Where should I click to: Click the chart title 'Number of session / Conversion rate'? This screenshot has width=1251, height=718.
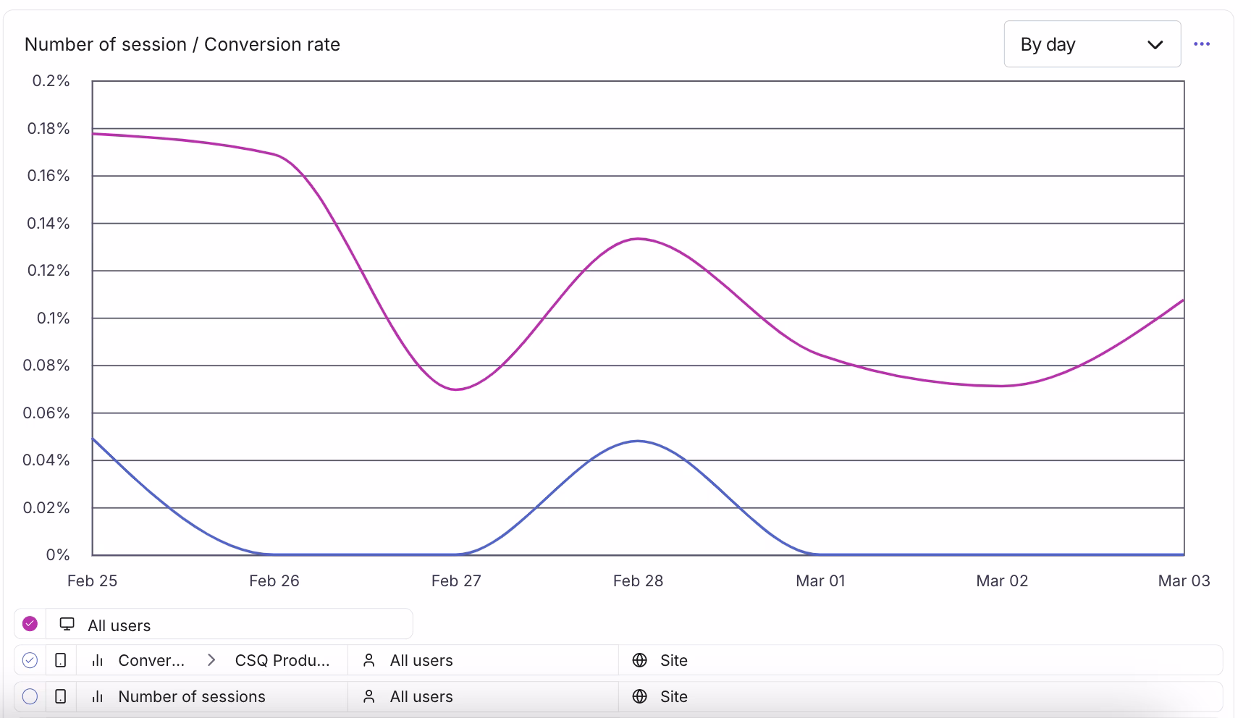[182, 44]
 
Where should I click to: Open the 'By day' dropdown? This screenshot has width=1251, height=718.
[1092, 44]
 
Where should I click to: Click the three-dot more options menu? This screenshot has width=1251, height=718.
[1202, 44]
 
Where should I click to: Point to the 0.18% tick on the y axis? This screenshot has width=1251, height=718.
[49, 129]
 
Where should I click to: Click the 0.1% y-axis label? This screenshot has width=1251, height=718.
[53, 318]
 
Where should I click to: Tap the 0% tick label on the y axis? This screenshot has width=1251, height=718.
[57, 555]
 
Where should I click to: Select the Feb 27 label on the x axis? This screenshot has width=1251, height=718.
[456, 580]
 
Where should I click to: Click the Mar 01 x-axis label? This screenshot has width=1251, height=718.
[820, 580]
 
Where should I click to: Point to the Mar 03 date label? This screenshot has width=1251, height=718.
[1184, 580]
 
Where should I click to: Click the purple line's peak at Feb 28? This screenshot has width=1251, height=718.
[638, 239]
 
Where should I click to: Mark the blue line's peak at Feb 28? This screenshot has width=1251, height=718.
[638, 441]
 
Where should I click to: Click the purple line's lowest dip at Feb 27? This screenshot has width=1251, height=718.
[456, 389]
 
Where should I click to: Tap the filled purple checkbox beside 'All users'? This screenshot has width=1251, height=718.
[30, 624]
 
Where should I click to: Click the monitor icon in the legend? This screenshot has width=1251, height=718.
[67, 624]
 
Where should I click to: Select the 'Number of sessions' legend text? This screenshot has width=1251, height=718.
[192, 696]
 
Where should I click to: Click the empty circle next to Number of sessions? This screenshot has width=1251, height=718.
[30, 696]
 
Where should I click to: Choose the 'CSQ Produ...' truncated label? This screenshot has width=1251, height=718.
[282, 660]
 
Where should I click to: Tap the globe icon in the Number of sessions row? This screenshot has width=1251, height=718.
[639, 696]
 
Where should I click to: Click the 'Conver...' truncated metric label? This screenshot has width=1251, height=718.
[151, 660]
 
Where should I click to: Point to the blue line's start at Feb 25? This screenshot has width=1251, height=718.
[93, 439]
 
